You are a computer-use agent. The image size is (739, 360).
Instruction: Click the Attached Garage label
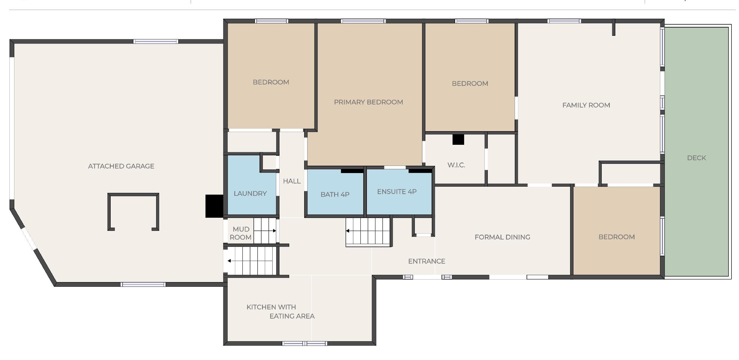pos(121,166)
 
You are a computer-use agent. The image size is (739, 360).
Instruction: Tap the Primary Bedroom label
pos(368,102)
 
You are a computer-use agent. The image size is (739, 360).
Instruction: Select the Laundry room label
pos(250,193)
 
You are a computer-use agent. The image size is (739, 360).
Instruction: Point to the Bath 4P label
pos(335,194)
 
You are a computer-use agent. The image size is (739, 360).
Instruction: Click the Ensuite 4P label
pos(397,192)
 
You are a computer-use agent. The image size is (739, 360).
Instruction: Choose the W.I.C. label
pos(456,165)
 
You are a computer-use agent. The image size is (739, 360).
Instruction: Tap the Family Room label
pos(586,105)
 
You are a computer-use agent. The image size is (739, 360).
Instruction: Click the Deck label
pos(697,158)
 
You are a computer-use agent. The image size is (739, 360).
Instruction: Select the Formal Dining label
pos(502,237)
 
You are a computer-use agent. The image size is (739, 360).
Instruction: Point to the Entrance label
pos(426,261)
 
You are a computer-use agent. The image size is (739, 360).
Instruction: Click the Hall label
pos(292,181)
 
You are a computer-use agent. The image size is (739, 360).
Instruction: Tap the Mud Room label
pos(241,233)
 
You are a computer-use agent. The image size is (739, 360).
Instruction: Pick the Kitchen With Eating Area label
pos(281,311)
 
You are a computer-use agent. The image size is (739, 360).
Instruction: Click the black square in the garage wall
pos(214,206)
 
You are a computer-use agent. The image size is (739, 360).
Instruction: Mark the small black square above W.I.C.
pos(458,140)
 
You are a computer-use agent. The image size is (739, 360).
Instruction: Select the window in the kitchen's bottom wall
pos(304,343)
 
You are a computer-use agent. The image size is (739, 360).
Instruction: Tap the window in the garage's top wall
pos(156,42)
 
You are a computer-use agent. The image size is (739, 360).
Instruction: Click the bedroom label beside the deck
pos(616,237)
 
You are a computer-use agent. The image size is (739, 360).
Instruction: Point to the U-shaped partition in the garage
pos(133,195)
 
